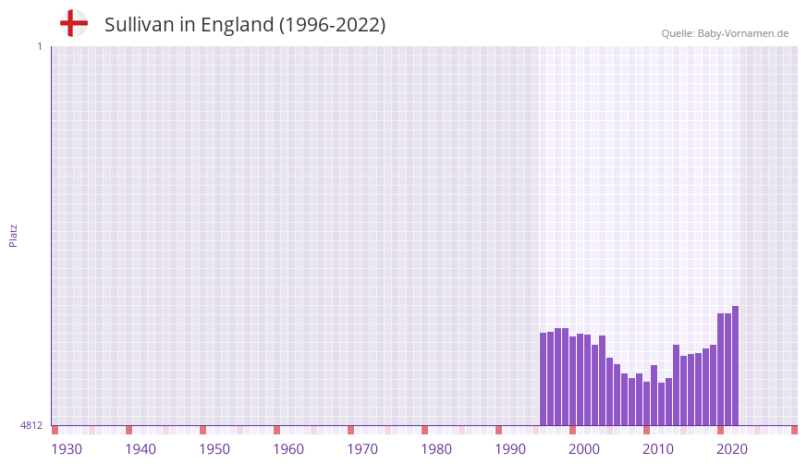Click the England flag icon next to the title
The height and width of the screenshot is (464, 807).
click(x=73, y=24)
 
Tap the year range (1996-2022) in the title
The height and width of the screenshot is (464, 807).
click(x=332, y=25)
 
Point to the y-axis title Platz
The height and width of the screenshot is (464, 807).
click(x=13, y=235)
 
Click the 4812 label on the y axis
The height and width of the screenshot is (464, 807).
click(x=31, y=425)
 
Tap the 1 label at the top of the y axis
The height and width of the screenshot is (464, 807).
click(x=39, y=46)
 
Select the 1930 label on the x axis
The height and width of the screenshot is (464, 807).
click(x=67, y=449)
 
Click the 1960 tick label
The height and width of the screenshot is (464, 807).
click(x=288, y=449)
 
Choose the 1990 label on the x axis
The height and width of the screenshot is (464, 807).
click(x=510, y=449)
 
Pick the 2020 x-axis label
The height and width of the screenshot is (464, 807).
click(x=732, y=449)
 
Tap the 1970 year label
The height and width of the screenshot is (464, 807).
click(x=362, y=449)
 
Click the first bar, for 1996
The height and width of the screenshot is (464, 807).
click(x=544, y=379)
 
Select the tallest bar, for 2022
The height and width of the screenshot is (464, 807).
click(x=735, y=366)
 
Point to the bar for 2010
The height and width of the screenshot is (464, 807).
click(x=647, y=403)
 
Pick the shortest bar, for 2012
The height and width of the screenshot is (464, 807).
click(x=662, y=404)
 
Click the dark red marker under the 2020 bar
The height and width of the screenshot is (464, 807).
click(x=720, y=430)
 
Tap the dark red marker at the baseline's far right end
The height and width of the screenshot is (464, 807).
click(x=794, y=430)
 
